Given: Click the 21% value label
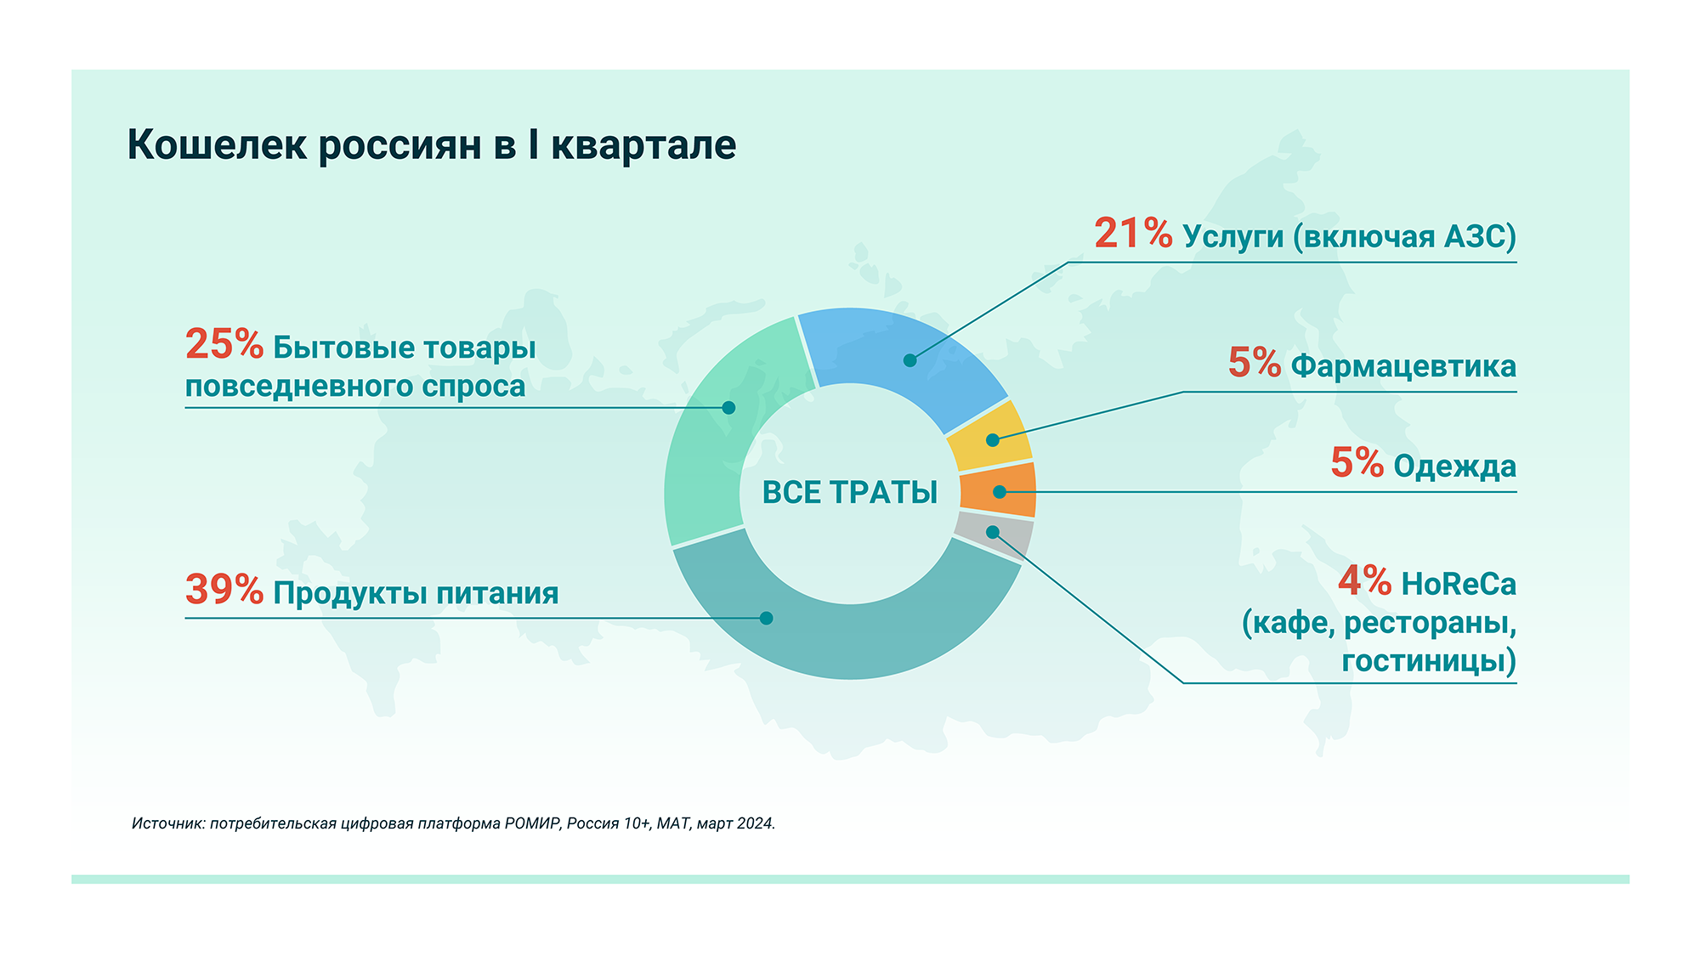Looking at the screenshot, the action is click(1133, 234).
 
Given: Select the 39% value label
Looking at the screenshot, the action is click(224, 590).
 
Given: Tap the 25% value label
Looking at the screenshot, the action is click(224, 344).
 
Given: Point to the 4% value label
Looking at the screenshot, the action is click(1364, 581).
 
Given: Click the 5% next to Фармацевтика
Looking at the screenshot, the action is click(1255, 363).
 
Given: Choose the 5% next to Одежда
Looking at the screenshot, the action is click(1357, 463).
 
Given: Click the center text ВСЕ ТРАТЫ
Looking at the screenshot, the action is click(850, 493).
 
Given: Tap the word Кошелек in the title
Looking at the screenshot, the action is click(217, 144).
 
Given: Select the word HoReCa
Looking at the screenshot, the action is click(1459, 585).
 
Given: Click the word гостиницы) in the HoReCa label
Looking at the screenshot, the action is click(1430, 661).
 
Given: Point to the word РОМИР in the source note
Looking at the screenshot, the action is click(533, 823).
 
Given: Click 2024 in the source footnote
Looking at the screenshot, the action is click(755, 823).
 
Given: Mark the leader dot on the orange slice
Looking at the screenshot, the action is click(1000, 491).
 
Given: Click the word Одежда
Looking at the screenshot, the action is click(1455, 467).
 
